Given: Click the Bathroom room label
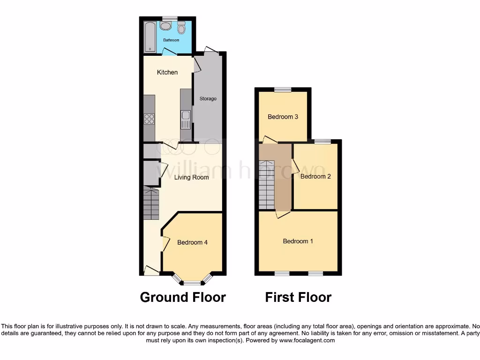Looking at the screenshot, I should (x=171, y=40).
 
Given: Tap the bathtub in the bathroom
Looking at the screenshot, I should (x=150, y=36).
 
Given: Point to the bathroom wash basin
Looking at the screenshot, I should (x=165, y=26).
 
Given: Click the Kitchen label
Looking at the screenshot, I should (x=167, y=72).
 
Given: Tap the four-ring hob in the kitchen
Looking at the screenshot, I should (x=150, y=119).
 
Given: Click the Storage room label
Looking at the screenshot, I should (x=208, y=99).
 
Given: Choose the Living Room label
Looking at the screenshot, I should (x=191, y=178).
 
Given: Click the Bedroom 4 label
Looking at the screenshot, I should (x=192, y=242).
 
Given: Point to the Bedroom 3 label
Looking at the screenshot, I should (x=283, y=117).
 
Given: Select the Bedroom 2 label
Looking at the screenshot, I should (x=315, y=177).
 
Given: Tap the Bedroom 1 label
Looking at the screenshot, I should (x=298, y=241).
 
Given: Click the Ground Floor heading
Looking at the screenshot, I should (x=183, y=297).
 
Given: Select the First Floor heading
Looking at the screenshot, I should (x=298, y=297).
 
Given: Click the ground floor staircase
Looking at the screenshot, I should (x=151, y=204).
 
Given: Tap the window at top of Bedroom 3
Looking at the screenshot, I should (x=283, y=90).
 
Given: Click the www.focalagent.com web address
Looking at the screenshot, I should (x=307, y=341).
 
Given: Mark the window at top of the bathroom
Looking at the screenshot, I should (x=170, y=18).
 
